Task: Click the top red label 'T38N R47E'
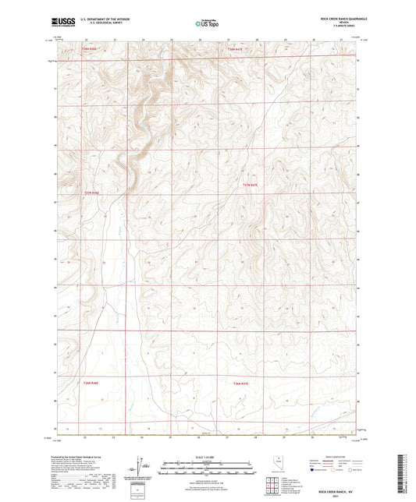[x=235, y=49]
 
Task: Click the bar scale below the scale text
[x=208, y=468]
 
